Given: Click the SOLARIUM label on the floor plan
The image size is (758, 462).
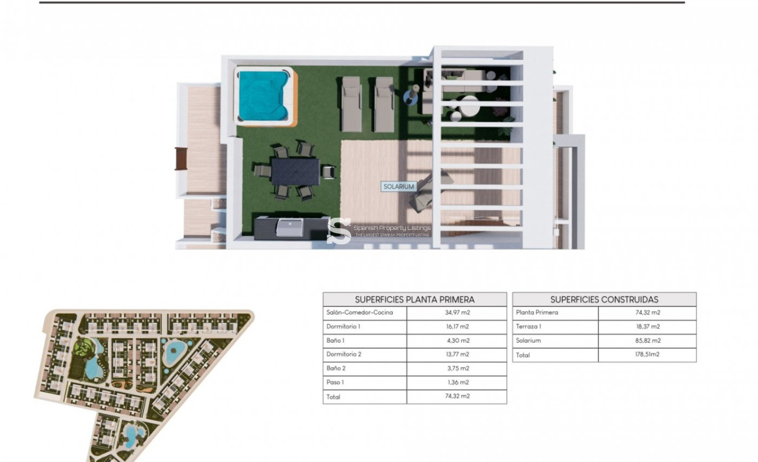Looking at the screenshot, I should click(x=399, y=187).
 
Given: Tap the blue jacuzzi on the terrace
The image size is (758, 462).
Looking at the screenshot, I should click(x=263, y=96).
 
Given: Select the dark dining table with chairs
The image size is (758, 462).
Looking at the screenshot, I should click(x=295, y=171).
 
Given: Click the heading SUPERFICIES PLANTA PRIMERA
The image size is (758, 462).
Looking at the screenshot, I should click(x=414, y=300).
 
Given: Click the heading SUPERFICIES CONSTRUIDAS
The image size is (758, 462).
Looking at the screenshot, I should click(x=604, y=300).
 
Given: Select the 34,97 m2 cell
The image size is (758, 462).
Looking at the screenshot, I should click(x=457, y=313).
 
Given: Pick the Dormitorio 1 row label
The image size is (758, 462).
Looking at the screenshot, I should click(x=343, y=327).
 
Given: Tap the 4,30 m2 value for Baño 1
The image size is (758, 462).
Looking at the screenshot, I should click(x=457, y=341).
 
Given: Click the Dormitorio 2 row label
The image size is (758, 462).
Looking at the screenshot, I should click(x=344, y=355).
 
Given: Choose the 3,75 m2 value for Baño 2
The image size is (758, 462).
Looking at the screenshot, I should click(x=457, y=369).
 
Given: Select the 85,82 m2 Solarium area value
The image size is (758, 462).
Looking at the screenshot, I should click(x=647, y=341).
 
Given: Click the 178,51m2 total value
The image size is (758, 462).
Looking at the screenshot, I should click(x=647, y=355).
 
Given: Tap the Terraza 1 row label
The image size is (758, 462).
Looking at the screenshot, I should click(x=529, y=327).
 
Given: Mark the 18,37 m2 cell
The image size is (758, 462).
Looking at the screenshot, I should click(x=647, y=327).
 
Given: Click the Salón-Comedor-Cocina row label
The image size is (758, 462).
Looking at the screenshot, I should click(x=359, y=313).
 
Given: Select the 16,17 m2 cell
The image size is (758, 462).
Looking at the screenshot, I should click(x=457, y=327).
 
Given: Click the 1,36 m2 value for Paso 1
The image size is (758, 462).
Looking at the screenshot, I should click(x=457, y=383).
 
